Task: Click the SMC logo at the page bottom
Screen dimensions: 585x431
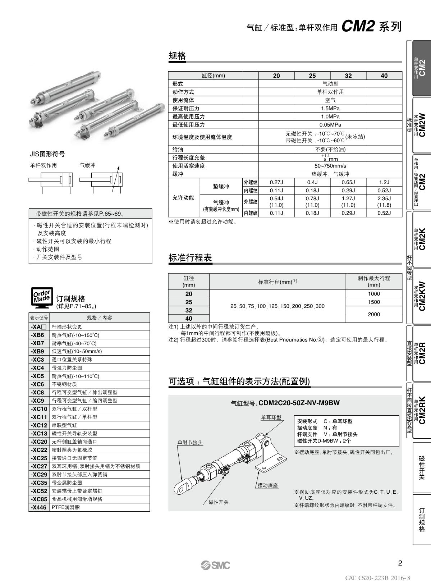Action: click(x=216, y=565)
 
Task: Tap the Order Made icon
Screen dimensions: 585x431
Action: click(x=42, y=298)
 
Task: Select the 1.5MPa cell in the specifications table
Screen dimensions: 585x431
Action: click(x=330, y=108)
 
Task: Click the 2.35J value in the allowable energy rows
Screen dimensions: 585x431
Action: click(x=384, y=198)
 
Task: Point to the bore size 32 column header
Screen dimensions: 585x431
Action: click(x=348, y=76)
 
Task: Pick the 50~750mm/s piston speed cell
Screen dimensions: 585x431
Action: click(x=330, y=166)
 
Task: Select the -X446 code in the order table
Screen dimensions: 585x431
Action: click(x=38, y=507)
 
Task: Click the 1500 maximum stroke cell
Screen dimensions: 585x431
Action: click(x=374, y=302)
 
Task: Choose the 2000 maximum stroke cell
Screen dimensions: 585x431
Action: click(x=374, y=314)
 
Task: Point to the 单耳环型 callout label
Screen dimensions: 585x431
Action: click(x=271, y=417)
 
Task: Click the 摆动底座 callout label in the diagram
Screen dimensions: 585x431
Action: click(x=268, y=485)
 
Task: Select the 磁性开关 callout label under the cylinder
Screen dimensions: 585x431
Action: click(x=219, y=502)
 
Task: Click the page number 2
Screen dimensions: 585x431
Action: click(x=400, y=563)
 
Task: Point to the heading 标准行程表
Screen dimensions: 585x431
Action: click(x=190, y=258)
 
